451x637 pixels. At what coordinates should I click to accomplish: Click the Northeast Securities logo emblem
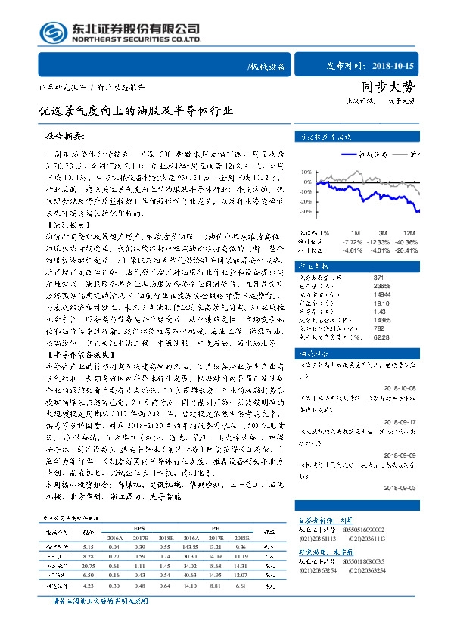coord(53,33)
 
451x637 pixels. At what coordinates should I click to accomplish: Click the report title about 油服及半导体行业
coord(137,110)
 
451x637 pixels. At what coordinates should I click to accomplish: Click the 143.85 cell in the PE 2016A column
coord(191,547)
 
